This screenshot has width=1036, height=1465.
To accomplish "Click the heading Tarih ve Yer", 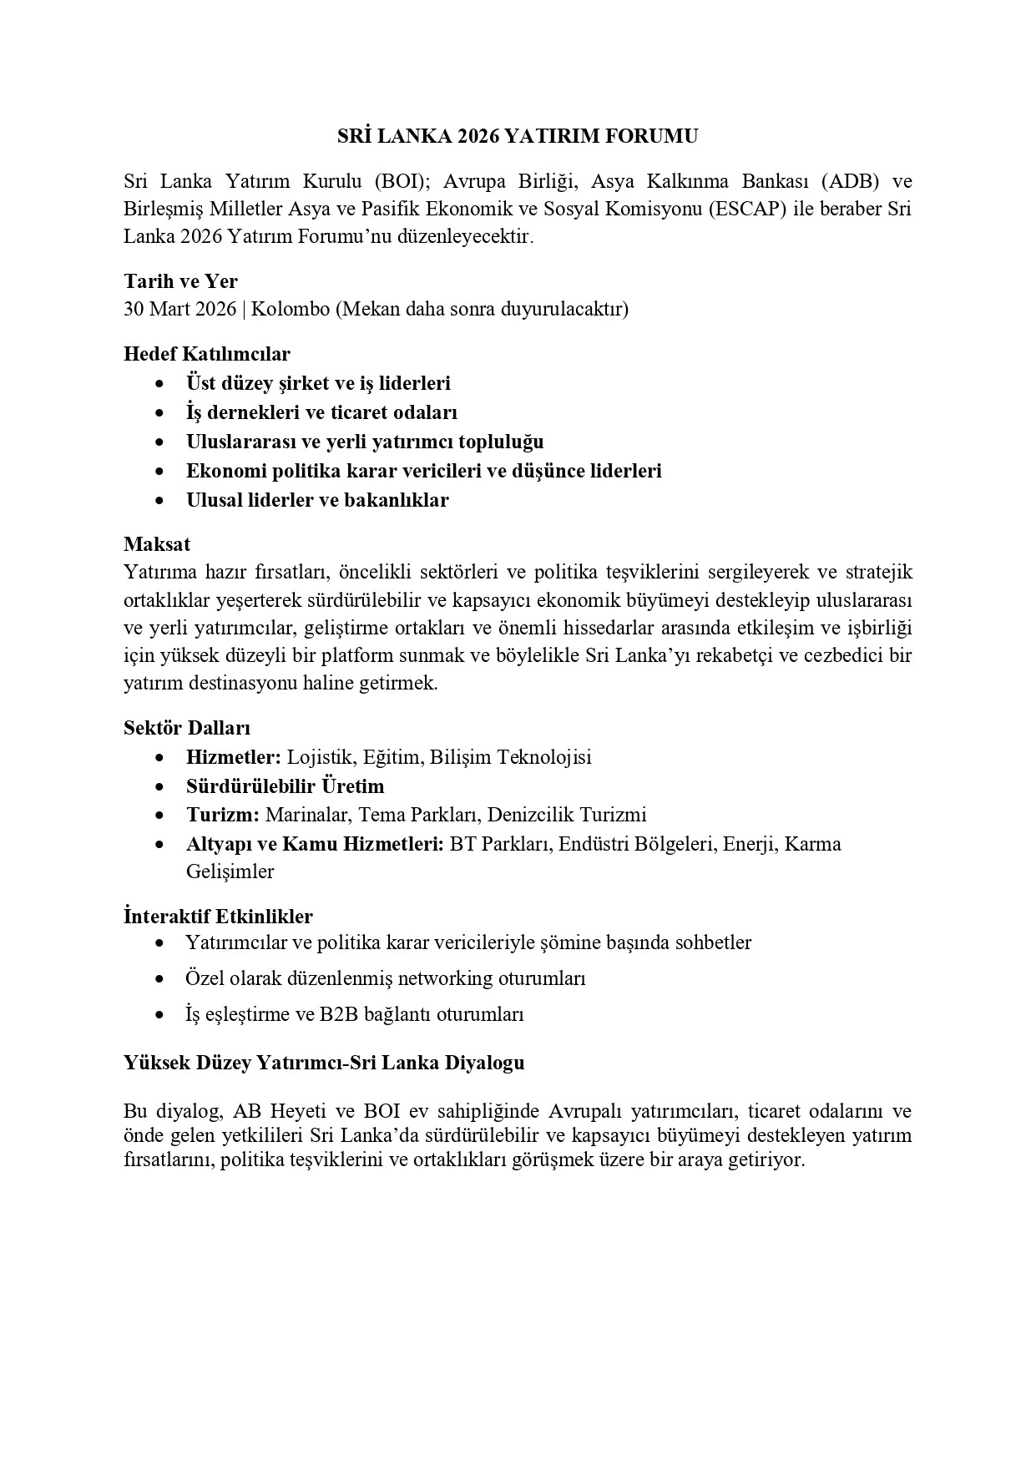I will pyautogui.click(x=180, y=281).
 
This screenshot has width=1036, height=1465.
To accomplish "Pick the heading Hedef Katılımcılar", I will pyautogui.click(x=207, y=354).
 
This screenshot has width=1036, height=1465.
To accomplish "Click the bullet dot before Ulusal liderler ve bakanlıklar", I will pyautogui.click(x=159, y=501).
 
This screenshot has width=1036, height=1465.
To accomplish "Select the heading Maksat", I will pyautogui.click(x=157, y=544).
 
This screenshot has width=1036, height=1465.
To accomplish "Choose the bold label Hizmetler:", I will pyautogui.click(x=234, y=757).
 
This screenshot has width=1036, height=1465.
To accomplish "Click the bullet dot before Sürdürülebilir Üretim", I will pyautogui.click(x=159, y=787).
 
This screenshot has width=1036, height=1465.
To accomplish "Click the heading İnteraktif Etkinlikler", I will pyautogui.click(x=218, y=917).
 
